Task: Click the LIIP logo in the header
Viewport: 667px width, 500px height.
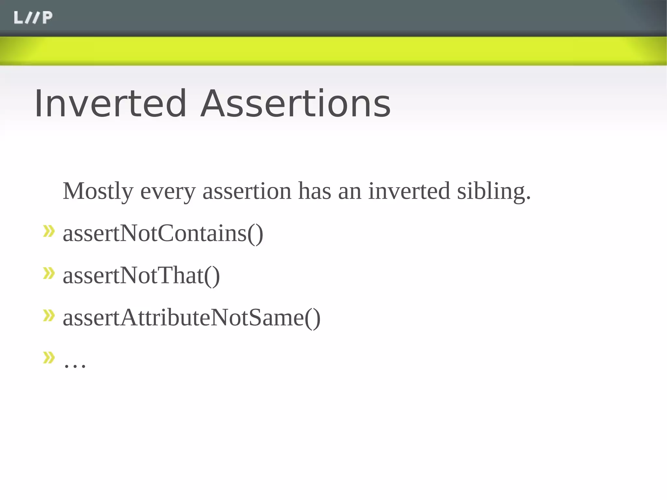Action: [x=33, y=18]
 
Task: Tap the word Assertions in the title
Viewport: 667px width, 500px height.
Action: [x=295, y=104]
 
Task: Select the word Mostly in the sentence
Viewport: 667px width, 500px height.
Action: [x=98, y=192]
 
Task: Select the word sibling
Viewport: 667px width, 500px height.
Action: [x=491, y=192]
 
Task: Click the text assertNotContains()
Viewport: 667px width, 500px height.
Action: [x=163, y=233]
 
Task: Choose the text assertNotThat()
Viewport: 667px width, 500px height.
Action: [x=141, y=276]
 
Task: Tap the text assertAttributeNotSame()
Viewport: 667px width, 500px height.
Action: [x=192, y=318]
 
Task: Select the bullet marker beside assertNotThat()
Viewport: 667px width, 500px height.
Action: [x=49, y=273]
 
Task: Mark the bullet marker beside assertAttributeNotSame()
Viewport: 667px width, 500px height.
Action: [x=49, y=315]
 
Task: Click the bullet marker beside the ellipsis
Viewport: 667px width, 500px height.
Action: [x=49, y=357]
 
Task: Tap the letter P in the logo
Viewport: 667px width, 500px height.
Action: [x=47, y=18]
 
